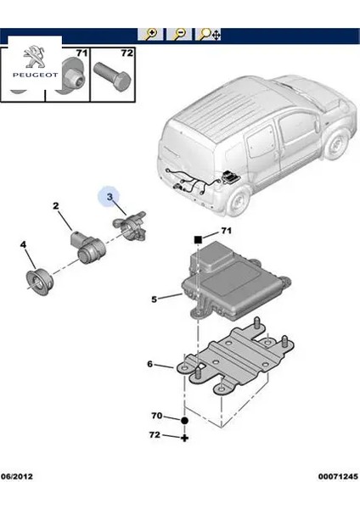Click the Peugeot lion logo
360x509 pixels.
pos(31,56)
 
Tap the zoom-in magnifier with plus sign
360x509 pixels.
pos(152,35)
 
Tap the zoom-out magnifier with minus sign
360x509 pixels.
pos(179,35)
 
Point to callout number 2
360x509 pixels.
pos(56,206)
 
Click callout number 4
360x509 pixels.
pos(24,246)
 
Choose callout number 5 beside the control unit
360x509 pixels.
pos(155,299)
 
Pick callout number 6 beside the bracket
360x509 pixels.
pos(149,365)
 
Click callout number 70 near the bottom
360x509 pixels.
pos(156,417)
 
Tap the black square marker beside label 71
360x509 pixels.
pos(197,240)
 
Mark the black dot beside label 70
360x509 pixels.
pos(183,418)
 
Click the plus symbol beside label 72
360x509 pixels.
pos(183,437)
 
